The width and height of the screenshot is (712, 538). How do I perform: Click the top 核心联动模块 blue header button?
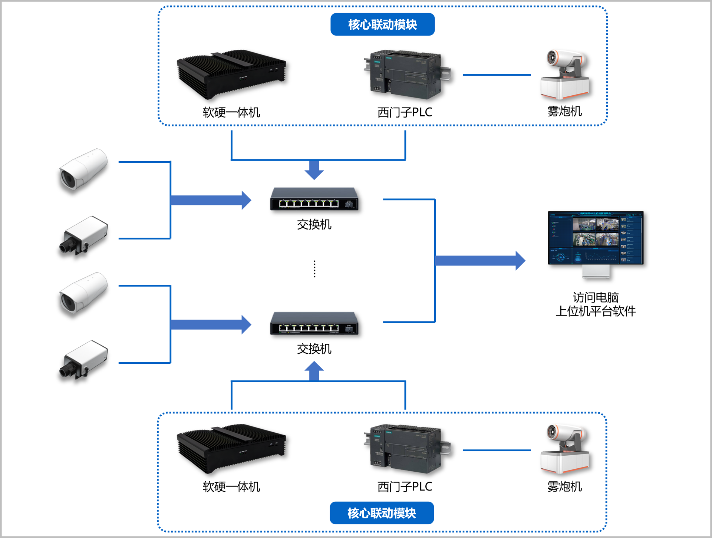coord(382,24)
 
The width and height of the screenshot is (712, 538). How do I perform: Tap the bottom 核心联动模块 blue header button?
coord(382,513)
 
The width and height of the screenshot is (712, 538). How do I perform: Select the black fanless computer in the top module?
coord(231,74)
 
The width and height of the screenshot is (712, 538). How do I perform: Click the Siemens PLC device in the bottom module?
coord(406,449)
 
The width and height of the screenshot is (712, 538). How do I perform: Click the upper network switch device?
coord(314,199)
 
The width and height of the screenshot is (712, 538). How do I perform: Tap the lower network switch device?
coord(314,324)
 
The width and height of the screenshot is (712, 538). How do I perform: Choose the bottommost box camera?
coord(83,360)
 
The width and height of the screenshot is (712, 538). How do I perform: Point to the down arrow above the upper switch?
coord(314,170)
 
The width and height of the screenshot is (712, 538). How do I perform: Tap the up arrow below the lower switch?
coord(314,371)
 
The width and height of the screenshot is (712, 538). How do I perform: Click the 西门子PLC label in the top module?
coord(405,112)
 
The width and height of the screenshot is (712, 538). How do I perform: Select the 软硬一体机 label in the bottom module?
coord(231,487)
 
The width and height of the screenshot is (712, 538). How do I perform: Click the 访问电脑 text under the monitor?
coord(596,297)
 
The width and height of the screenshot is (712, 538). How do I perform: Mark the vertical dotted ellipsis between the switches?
coord(314,269)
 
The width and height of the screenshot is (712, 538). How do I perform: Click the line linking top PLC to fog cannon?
coord(497,75)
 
